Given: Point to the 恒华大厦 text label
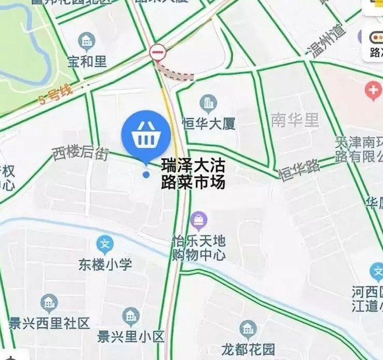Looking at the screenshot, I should pyautogui.click(x=209, y=123).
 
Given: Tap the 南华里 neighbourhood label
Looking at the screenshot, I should pyautogui.click(x=295, y=120).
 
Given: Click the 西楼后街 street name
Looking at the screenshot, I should pyautogui.click(x=80, y=153).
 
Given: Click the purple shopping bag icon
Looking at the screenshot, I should pyautogui.click(x=198, y=221).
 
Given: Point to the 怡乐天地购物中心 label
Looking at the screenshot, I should pyautogui.click(x=199, y=248).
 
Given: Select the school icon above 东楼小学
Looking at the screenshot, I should pyautogui.click(x=105, y=244).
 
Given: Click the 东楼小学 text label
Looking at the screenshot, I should pyautogui.click(x=105, y=264).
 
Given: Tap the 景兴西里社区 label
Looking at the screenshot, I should pyautogui.click(x=50, y=323).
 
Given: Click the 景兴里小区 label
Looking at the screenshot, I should pyautogui.click(x=131, y=337).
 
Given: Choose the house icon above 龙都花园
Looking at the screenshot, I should pyautogui.click(x=248, y=329).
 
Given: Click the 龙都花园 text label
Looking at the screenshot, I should pyautogui.click(x=248, y=348).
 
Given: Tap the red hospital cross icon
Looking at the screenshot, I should pyautogui.click(x=373, y=91).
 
